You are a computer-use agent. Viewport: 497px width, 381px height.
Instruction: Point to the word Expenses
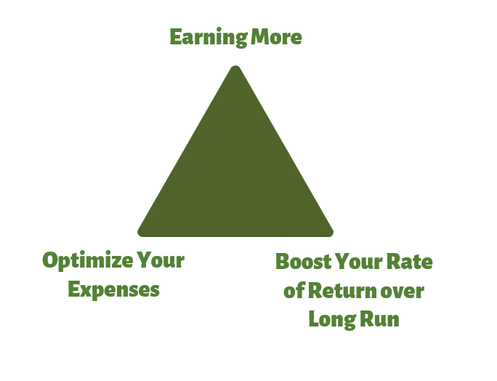[113, 289]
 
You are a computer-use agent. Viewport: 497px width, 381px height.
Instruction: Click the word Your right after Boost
[361, 262]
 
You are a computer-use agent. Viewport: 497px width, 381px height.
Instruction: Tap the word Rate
[412, 262]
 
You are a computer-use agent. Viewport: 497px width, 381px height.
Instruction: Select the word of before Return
[294, 291]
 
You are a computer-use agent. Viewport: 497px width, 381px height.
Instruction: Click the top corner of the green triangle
[235, 68]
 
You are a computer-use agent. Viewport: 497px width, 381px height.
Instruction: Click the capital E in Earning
[176, 37]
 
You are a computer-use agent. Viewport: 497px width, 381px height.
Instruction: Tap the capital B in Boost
[283, 262]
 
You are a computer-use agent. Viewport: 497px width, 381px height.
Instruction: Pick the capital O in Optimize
[51, 261]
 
